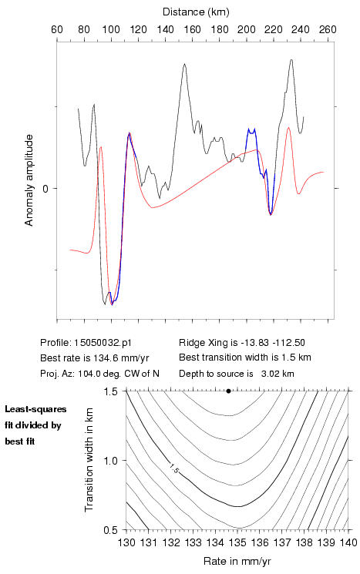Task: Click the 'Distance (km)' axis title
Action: (196, 12)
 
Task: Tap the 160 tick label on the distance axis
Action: (192, 29)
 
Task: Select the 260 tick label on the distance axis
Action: (328, 29)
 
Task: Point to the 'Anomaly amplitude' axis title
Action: (29, 180)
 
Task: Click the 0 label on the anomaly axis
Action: (45, 189)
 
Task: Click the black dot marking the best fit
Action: (228, 391)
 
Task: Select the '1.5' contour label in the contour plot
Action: (173, 468)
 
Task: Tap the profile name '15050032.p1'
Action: (103, 343)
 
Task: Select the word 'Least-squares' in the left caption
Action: (35, 409)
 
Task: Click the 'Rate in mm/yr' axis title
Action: (237, 561)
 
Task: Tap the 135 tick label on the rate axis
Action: (237, 542)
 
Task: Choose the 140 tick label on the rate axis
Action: (348, 542)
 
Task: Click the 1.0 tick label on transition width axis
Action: (111, 461)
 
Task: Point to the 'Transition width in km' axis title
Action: (89, 460)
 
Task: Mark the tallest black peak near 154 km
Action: (184, 65)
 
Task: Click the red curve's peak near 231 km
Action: (288, 128)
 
